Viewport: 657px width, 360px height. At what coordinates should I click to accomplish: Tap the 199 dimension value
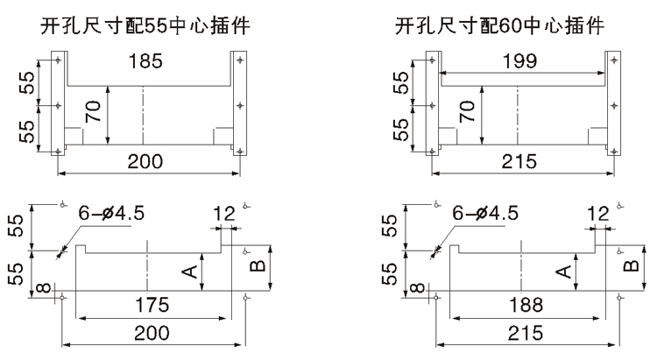pyautogui.click(x=521, y=62)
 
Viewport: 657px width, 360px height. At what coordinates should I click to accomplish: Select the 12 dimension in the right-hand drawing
pyautogui.click(x=599, y=213)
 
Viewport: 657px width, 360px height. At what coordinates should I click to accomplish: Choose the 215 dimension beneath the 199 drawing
pyautogui.click(x=521, y=160)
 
